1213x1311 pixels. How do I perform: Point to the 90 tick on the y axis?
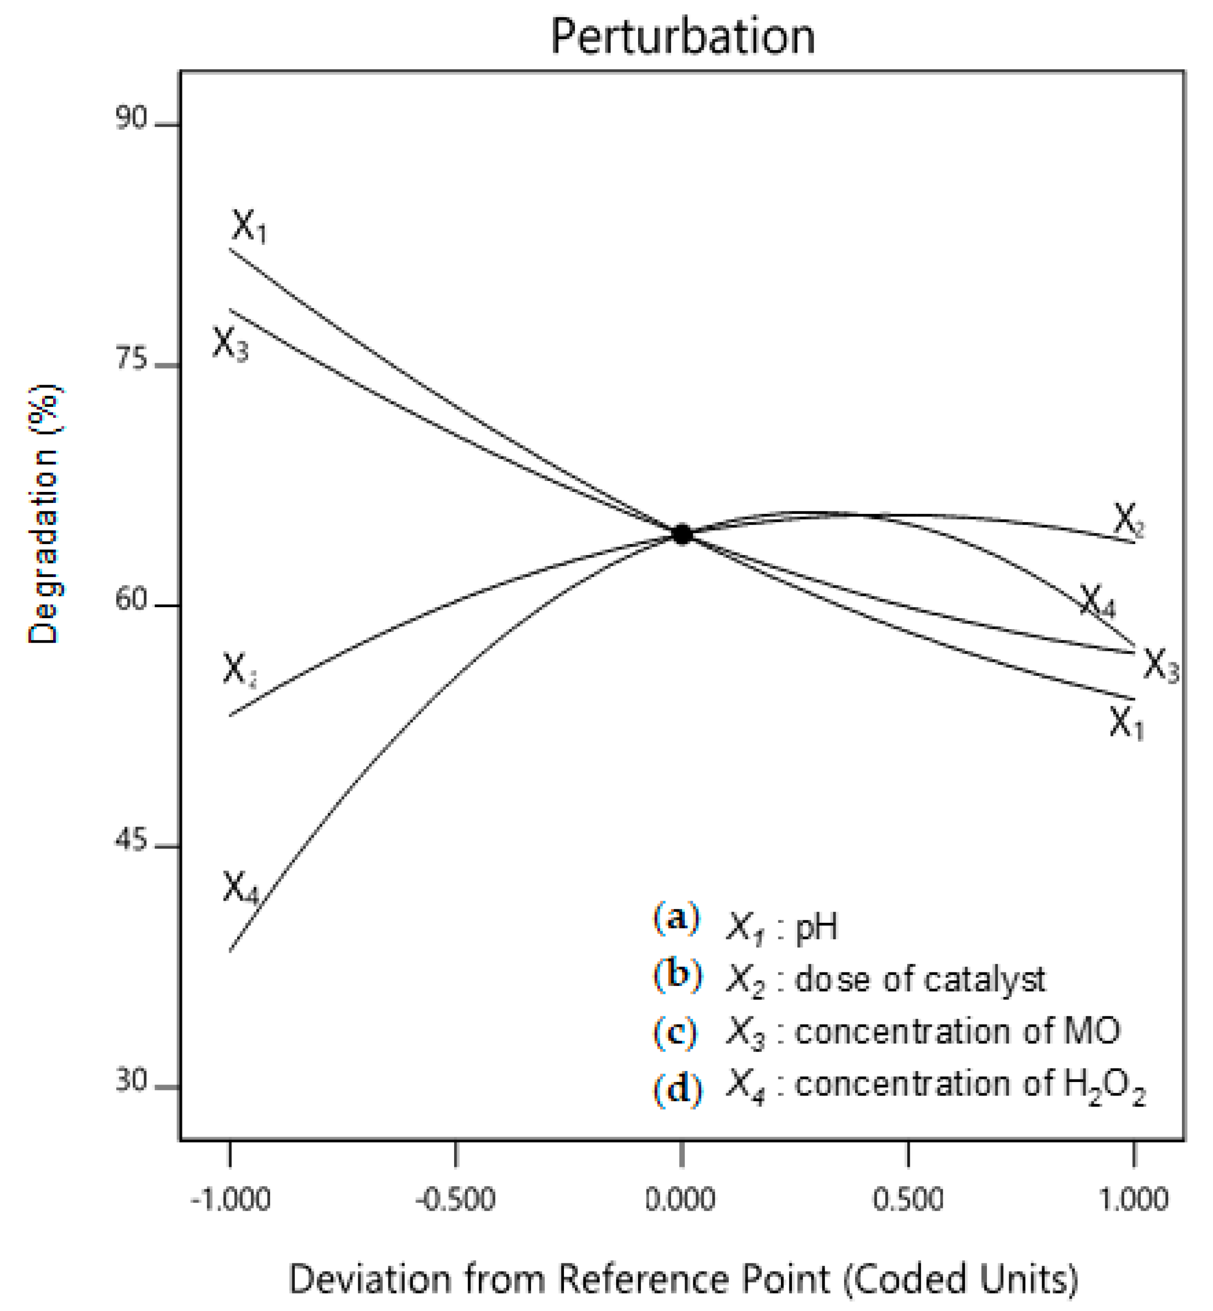click(131, 119)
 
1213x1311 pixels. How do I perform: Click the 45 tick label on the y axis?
click(131, 841)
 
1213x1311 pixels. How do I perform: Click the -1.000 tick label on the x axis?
click(231, 1199)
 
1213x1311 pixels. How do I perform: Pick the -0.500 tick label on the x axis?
click(456, 1199)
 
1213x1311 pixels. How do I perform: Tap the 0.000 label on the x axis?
click(681, 1199)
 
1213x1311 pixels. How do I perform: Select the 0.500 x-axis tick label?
click(908, 1199)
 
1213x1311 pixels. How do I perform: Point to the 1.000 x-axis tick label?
click(1134, 1199)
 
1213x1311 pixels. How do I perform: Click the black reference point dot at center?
click(682, 535)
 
